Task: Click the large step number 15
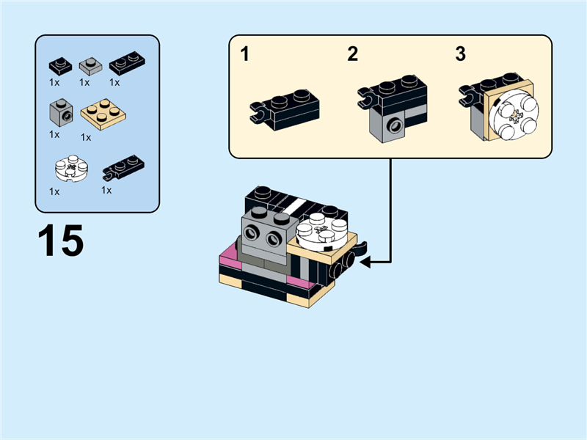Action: [60, 241]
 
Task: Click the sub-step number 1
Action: [245, 54]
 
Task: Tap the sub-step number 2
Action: [353, 54]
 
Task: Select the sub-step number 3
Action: [460, 54]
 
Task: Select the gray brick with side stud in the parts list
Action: [60, 113]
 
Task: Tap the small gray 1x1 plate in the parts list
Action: [90, 65]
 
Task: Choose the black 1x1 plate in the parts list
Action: [60, 65]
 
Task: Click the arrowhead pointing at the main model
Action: [365, 261]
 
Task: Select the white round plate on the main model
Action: [320, 230]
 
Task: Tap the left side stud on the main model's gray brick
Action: [251, 234]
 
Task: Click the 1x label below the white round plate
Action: [54, 191]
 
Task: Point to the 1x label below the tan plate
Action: [86, 136]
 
